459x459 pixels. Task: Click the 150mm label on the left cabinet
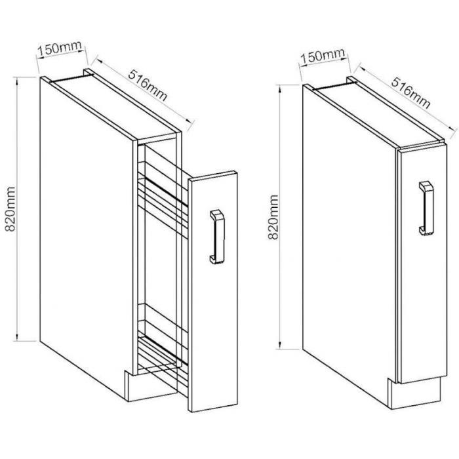coord(59,49)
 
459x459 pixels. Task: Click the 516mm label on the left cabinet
coord(148,85)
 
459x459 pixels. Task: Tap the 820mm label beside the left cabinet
coord(10,209)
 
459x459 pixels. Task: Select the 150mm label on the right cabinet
coord(323,57)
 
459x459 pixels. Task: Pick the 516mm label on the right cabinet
coord(411,93)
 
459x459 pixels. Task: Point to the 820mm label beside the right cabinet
coord(273,217)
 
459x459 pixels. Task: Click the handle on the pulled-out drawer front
coord(217,237)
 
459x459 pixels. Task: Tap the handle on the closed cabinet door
coord(426,208)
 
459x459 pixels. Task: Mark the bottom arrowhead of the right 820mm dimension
coord(281,345)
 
